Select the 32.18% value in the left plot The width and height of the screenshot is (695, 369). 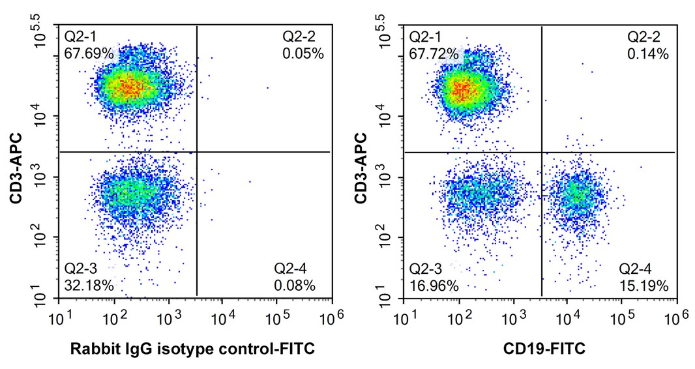[89, 285]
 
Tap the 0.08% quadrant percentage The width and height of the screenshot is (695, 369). [295, 285]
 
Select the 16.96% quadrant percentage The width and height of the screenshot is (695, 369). [434, 285]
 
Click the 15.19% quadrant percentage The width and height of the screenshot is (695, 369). [643, 285]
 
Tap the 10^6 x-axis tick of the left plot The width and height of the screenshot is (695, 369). [330, 317]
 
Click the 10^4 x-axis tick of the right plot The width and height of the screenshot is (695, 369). [567, 317]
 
